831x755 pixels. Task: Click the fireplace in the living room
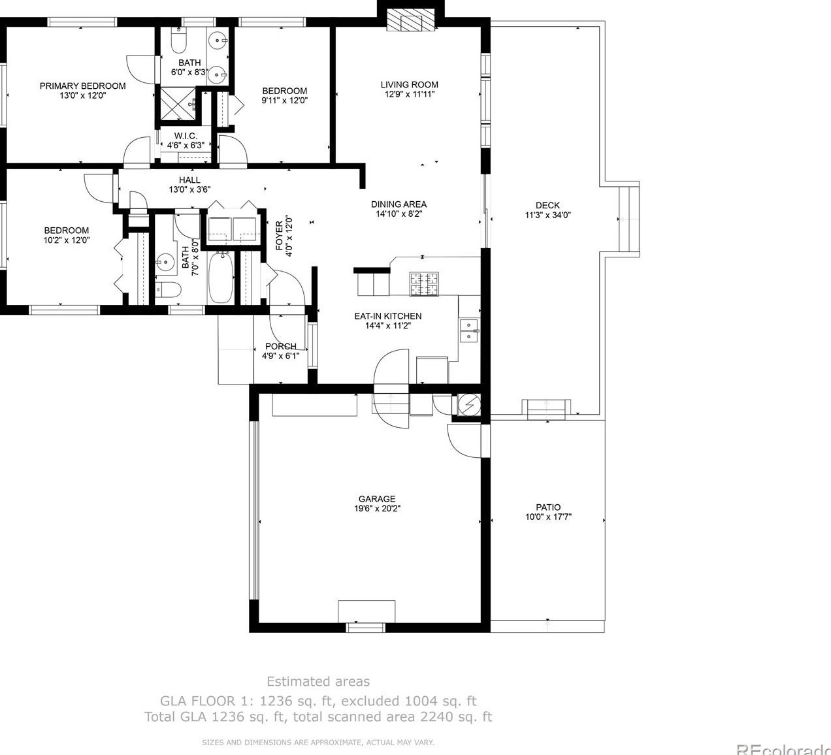click(410, 20)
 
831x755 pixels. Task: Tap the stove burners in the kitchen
click(424, 284)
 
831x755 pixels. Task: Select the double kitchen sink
click(468, 330)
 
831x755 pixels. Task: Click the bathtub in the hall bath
click(221, 278)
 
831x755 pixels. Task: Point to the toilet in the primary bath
click(179, 41)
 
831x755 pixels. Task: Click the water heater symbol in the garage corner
click(469, 404)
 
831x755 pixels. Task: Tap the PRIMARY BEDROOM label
click(83, 86)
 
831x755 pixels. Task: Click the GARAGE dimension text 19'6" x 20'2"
click(377, 508)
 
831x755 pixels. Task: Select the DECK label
click(547, 205)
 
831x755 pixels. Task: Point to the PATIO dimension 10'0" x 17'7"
click(548, 517)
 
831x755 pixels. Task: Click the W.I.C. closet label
click(186, 136)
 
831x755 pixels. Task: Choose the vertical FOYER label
click(279, 235)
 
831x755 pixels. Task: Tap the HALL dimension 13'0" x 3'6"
click(189, 189)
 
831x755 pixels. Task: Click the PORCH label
click(281, 345)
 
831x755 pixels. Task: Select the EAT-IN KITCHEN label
click(388, 316)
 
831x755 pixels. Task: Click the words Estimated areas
click(318, 681)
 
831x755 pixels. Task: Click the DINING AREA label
click(399, 204)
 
